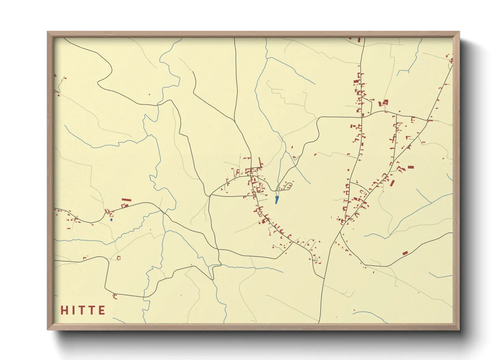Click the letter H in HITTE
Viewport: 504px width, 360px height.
[64, 310]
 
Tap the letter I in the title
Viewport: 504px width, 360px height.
[73, 310]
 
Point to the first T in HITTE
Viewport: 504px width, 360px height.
[82, 310]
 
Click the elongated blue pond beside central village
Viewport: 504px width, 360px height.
[277, 199]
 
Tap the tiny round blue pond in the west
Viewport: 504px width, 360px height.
[111, 220]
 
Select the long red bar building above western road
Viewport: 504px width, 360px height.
[126, 200]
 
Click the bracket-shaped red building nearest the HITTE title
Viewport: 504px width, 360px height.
[115, 296]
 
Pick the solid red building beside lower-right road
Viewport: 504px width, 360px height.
[405, 253]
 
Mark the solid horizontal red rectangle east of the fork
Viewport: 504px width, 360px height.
[411, 167]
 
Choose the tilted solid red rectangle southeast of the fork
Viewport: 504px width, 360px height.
[392, 183]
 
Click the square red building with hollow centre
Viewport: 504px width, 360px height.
[385, 102]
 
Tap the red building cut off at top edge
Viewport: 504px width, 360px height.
[359, 40]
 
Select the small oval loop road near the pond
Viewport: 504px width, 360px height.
[288, 186]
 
